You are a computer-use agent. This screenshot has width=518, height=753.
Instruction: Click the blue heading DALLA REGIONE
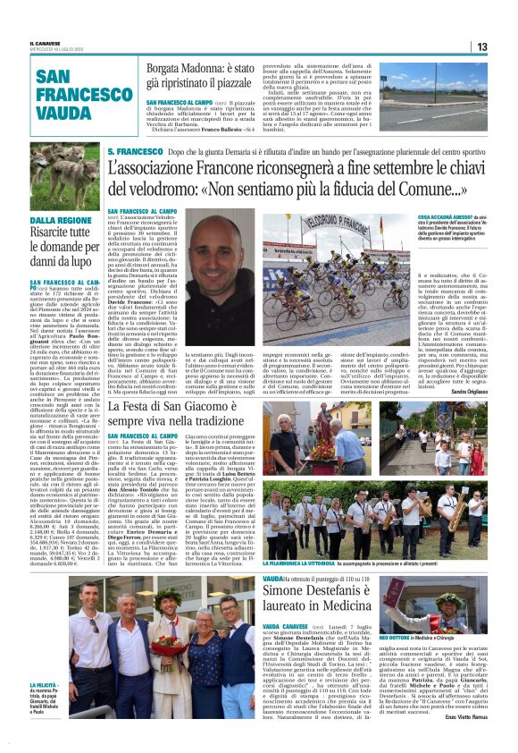coord(59,220)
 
